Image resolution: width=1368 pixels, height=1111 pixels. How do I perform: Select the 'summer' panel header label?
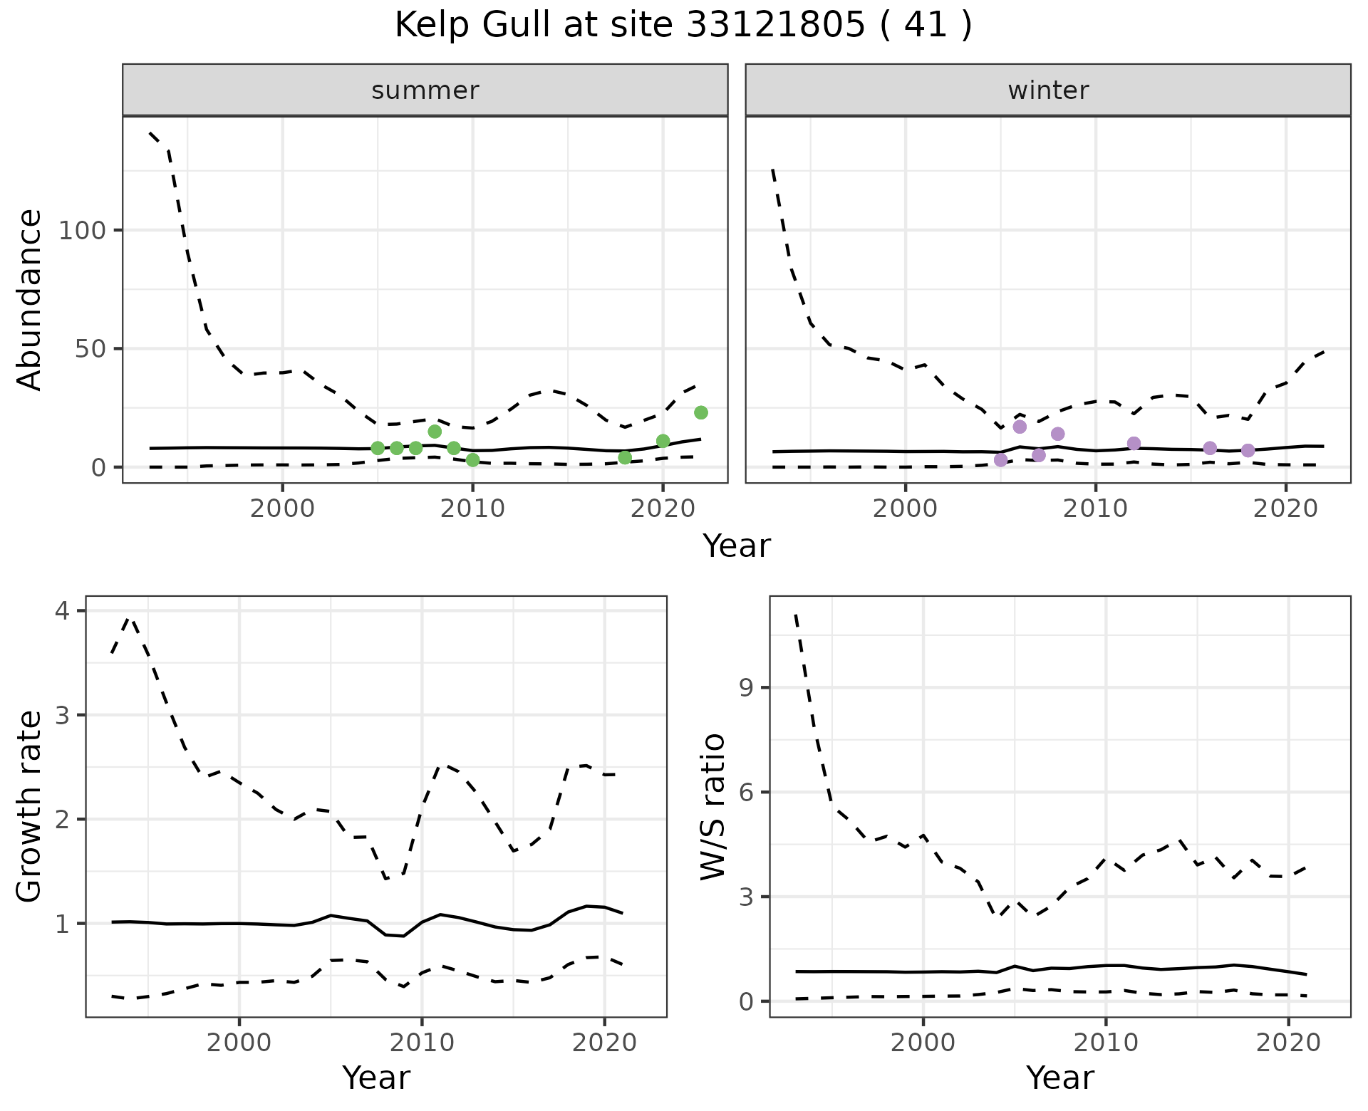pos(425,90)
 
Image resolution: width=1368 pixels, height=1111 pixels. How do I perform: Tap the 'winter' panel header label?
pos(1048,90)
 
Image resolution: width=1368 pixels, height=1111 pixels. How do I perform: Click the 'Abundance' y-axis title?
pos(30,300)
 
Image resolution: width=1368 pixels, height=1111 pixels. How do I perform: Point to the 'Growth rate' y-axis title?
pos(30,807)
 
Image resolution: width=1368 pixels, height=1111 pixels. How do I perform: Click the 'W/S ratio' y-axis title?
pos(713,807)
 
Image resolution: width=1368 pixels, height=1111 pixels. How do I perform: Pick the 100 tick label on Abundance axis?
pos(82,231)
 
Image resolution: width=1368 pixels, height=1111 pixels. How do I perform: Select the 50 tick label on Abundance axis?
pos(90,349)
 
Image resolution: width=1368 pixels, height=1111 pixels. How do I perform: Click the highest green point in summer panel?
pos(701,412)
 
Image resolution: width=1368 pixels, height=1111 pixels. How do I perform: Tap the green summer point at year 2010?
pos(473,460)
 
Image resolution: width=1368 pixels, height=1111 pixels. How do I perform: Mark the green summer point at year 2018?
pos(625,457)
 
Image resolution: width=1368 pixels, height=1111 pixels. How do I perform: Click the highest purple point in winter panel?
pos(1020,427)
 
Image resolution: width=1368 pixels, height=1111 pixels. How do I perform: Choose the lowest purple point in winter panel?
pos(1001,460)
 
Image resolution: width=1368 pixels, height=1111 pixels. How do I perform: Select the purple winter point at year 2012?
pos(1134,444)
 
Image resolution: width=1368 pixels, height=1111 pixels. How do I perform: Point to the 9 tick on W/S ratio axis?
pos(746,688)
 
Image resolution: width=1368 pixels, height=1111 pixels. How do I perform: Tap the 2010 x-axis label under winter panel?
pos(1096,509)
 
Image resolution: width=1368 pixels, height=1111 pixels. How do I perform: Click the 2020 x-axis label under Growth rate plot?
pos(604,1043)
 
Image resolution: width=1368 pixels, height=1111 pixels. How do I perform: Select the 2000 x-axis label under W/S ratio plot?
pos(923,1043)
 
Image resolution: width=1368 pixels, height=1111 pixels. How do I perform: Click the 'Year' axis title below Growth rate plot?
pos(376,1078)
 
